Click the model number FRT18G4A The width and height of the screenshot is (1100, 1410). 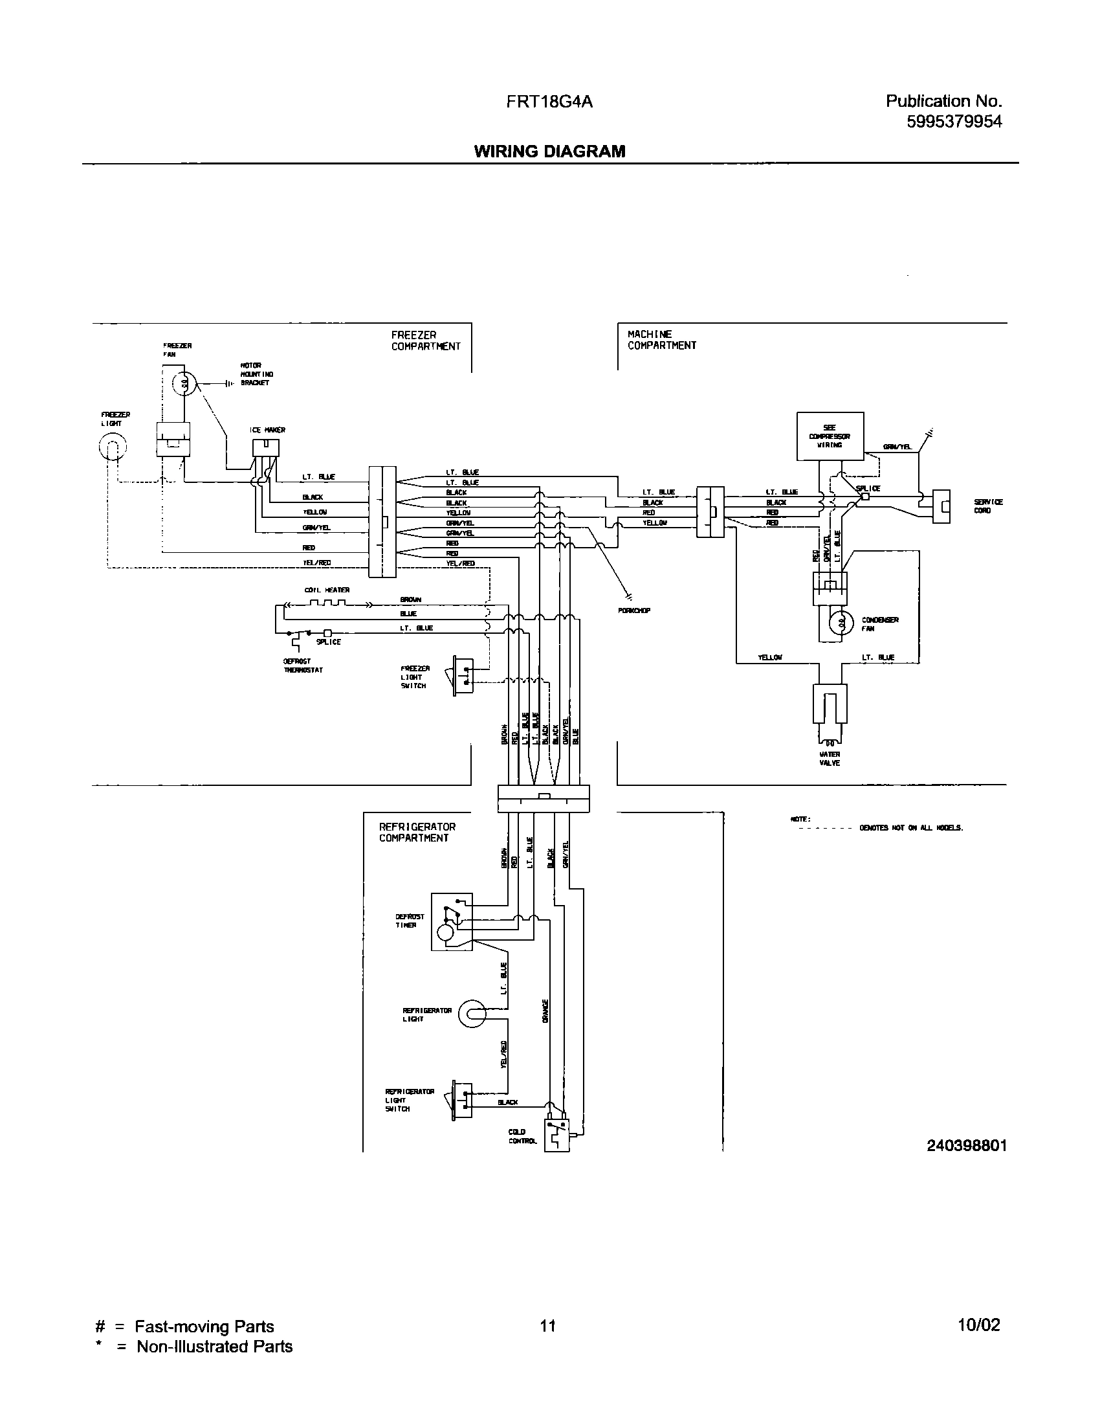coord(550,102)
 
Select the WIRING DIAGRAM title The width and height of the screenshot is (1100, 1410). coord(549,151)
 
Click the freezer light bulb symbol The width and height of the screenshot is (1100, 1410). coord(113,445)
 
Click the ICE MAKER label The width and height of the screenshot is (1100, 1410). coord(267,430)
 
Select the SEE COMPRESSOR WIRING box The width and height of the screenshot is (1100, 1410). coord(830,436)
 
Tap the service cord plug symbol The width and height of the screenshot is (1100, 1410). coord(941,505)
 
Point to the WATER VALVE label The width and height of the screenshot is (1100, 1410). coord(830,759)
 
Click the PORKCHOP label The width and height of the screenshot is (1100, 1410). coord(634,610)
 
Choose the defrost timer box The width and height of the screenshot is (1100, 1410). coord(452,922)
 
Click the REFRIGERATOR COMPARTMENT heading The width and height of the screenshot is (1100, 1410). coord(417,832)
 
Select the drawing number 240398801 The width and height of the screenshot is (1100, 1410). coord(967,1146)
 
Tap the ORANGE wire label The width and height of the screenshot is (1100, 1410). coord(545,1011)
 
